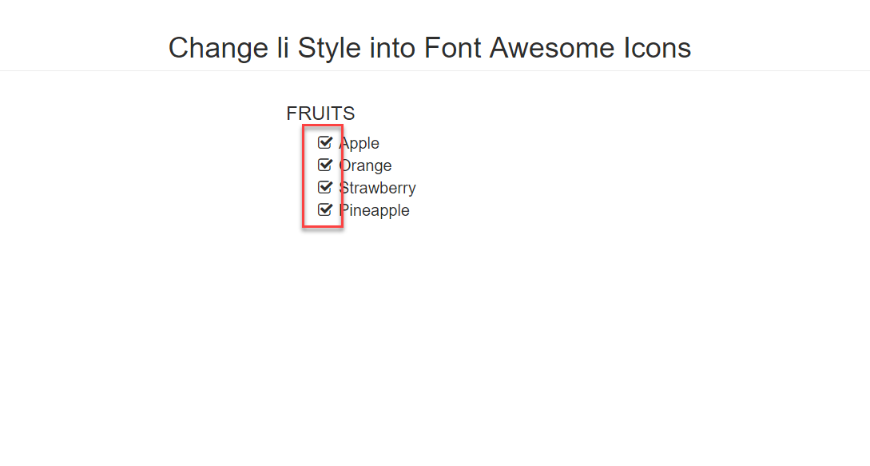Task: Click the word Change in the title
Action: [219, 49]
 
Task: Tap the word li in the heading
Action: [283, 47]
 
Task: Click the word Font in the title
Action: [453, 48]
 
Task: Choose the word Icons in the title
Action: [657, 48]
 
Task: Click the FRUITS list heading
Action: [320, 114]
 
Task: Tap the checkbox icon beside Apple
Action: [325, 143]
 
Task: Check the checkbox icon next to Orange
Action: [325, 165]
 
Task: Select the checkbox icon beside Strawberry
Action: [325, 187]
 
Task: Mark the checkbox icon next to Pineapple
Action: [325, 209]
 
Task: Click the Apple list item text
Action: [359, 144]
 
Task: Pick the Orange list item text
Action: [365, 166]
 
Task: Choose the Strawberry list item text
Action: [377, 189]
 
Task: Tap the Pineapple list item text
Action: [374, 210]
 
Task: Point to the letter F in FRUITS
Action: [292, 114]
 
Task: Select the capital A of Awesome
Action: [500, 48]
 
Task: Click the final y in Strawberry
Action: [411, 190]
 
